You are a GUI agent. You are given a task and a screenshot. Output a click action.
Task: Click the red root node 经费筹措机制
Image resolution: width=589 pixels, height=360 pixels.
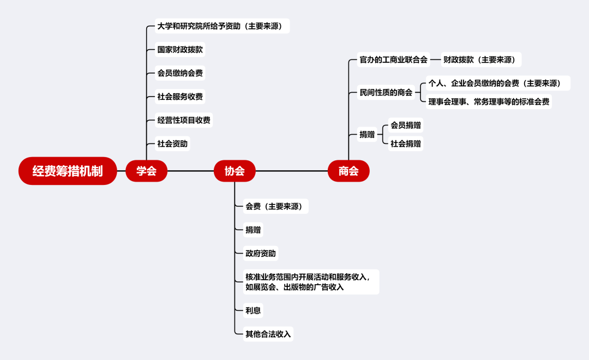[x=68, y=171]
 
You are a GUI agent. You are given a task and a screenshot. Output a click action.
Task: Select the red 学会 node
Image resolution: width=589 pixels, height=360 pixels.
[x=146, y=171]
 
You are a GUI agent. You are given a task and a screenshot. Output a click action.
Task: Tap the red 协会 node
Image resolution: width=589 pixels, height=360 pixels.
[x=235, y=171]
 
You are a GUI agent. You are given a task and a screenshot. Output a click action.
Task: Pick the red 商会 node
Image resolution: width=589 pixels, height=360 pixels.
[x=348, y=171]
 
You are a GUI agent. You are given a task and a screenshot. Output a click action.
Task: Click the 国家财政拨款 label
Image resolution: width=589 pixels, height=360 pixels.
[x=180, y=50]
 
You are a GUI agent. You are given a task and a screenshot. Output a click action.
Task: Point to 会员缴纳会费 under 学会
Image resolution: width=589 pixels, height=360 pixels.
[x=180, y=73]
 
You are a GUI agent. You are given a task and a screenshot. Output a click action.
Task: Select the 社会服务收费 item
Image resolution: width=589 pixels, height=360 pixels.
[x=180, y=97]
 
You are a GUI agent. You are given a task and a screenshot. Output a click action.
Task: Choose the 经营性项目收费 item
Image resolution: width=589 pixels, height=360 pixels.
[x=184, y=120]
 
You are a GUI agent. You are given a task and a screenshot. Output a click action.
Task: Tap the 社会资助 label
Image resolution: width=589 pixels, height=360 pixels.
[x=172, y=144]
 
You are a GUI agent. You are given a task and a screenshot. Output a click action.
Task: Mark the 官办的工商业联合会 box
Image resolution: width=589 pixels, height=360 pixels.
[x=393, y=59]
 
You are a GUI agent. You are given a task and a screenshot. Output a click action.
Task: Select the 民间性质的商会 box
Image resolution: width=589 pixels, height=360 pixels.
[x=386, y=92]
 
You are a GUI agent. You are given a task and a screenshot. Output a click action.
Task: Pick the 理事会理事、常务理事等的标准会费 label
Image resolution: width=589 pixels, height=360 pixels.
[x=489, y=101]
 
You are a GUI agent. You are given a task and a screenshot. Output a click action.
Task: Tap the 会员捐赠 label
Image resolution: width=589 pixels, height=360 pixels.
[x=406, y=125]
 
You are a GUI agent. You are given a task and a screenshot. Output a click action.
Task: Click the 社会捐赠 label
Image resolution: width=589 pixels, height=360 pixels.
[x=406, y=144]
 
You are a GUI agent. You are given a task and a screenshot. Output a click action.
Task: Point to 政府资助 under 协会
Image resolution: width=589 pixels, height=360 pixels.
[x=261, y=253]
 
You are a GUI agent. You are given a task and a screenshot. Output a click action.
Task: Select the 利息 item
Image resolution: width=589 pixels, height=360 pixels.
[x=253, y=310]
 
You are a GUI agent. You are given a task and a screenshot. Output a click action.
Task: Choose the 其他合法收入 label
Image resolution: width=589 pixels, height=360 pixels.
[x=268, y=334]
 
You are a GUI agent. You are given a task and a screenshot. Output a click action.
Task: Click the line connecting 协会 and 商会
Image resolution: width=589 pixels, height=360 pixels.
[x=292, y=171]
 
